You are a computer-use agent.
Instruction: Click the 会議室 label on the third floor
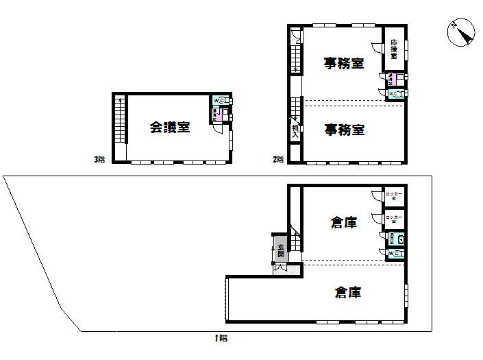[171, 127]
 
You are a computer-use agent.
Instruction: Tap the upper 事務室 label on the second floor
[344, 64]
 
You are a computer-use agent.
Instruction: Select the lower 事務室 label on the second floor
[344, 129]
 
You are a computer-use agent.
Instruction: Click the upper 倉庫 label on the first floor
[343, 223]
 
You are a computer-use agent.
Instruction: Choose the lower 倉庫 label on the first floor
[348, 293]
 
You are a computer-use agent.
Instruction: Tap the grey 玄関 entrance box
[280, 250]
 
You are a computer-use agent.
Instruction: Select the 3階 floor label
[99, 160]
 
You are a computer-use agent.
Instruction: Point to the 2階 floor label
[278, 160]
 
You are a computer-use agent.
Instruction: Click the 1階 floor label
[220, 338]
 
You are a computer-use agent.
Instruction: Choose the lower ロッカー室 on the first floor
[394, 219]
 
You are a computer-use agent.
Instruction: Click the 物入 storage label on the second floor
[295, 131]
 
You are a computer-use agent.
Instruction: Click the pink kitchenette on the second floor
[393, 79]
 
